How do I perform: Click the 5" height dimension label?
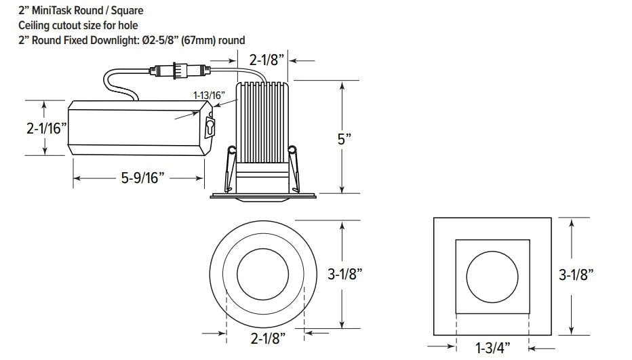(x=344, y=139)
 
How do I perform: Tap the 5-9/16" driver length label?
(x=142, y=178)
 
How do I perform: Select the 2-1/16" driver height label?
(x=46, y=128)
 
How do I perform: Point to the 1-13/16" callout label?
(x=209, y=95)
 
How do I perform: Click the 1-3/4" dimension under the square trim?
(x=492, y=348)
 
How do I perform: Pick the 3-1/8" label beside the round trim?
(x=345, y=274)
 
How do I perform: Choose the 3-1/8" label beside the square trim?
(x=576, y=275)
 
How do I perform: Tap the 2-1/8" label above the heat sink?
(x=266, y=60)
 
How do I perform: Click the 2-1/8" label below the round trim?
(x=268, y=338)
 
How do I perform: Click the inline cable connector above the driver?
(x=180, y=71)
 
